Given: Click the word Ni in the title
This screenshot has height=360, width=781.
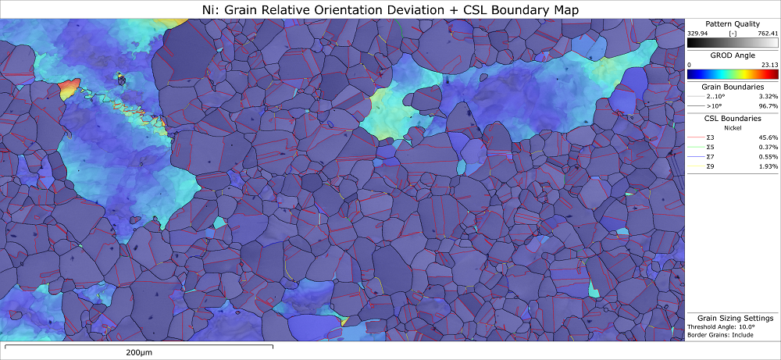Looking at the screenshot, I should point(206,9).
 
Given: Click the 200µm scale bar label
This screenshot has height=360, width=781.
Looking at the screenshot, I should point(143,352).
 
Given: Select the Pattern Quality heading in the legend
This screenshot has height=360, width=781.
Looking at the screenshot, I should point(732,24).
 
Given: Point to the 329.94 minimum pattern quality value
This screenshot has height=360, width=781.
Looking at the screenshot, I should point(698,34).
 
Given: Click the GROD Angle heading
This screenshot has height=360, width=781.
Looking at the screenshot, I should point(732,56).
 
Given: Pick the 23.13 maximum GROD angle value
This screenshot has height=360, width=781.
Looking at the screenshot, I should point(769,65).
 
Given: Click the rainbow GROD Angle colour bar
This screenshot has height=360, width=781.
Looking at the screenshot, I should point(732,74).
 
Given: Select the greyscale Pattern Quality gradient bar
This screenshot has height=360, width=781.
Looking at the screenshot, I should point(732,43).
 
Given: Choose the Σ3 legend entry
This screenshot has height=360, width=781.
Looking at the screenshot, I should point(710,137).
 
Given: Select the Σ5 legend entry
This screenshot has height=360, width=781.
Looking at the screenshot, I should point(710,147).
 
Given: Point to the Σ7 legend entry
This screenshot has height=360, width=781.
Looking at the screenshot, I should point(710,157).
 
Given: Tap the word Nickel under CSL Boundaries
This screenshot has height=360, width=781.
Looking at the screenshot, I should point(732,127).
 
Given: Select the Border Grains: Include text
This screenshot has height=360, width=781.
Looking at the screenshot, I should point(721,334).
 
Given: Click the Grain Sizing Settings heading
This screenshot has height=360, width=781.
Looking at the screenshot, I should point(735,318).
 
